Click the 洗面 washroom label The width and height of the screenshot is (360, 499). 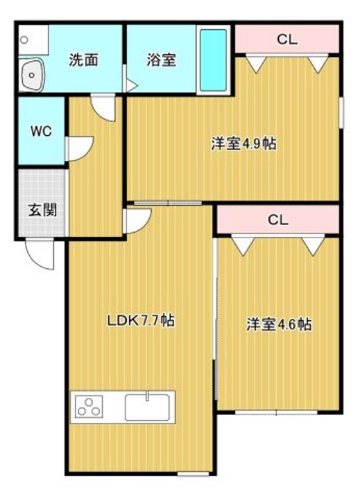(83, 60)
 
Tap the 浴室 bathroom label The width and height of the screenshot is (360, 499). (161, 60)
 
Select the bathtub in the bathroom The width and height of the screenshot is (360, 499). (213, 60)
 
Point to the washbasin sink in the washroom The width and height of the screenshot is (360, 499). (31, 75)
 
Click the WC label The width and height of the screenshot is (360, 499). (41, 131)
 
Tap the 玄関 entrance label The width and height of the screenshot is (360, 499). (43, 210)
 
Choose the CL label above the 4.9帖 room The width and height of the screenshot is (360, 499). (287, 40)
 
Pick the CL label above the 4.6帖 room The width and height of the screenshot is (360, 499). (278, 220)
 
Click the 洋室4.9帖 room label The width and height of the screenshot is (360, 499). (244, 144)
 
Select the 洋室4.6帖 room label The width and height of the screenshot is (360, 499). (279, 324)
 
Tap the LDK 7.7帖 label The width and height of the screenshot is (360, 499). (141, 320)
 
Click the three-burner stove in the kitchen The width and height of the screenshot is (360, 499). (89, 407)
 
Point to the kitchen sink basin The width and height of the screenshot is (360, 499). (147, 407)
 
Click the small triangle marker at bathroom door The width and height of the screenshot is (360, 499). (132, 86)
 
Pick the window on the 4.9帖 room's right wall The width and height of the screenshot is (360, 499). (341, 113)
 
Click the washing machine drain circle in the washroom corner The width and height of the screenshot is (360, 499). (24, 40)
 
